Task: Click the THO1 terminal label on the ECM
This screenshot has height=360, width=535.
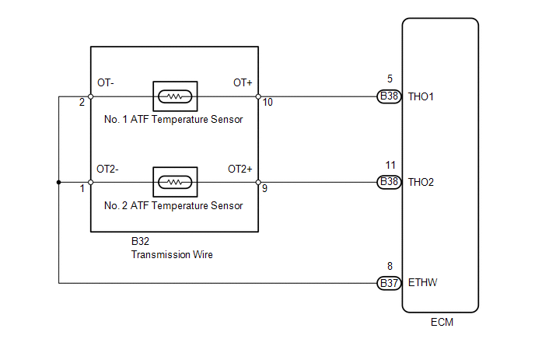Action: [421, 97]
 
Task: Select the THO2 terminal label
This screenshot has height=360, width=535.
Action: [421, 182]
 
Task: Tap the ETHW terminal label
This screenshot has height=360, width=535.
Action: [422, 282]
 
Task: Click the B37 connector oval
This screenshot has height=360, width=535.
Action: [389, 283]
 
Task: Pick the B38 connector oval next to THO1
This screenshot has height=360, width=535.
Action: [389, 96]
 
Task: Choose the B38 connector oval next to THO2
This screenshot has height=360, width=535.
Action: [389, 182]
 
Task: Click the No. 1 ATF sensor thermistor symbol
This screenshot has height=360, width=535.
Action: [175, 96]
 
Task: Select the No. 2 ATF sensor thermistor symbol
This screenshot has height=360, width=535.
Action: [175, 182]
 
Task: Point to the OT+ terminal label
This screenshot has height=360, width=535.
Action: [243, 82]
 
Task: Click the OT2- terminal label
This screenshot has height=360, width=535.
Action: [107, 169]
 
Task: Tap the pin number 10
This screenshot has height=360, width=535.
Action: [267, 102]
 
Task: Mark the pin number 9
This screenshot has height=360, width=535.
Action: [264, 188]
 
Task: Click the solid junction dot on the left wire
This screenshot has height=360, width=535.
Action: [58, 182]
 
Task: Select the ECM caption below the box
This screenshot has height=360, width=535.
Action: [442, 322]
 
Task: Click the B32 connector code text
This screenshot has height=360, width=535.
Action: [140, 241]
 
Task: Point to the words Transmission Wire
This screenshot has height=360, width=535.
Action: [172, 254]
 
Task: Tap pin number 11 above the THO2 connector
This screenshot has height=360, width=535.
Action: [390, 165]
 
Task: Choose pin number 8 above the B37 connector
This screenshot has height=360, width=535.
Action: [390, 266]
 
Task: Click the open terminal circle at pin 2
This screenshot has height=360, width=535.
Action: [91, 96]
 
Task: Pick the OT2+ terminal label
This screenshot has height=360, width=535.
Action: [240, 169]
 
